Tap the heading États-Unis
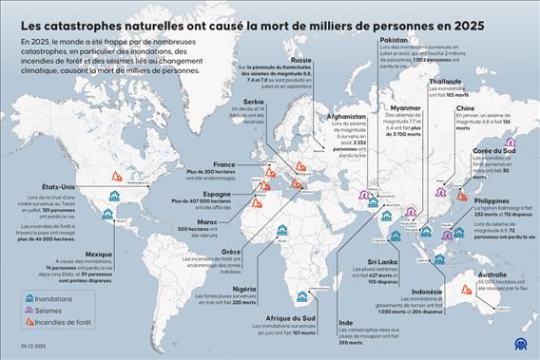(34, 186)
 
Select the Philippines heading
(492, 201)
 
